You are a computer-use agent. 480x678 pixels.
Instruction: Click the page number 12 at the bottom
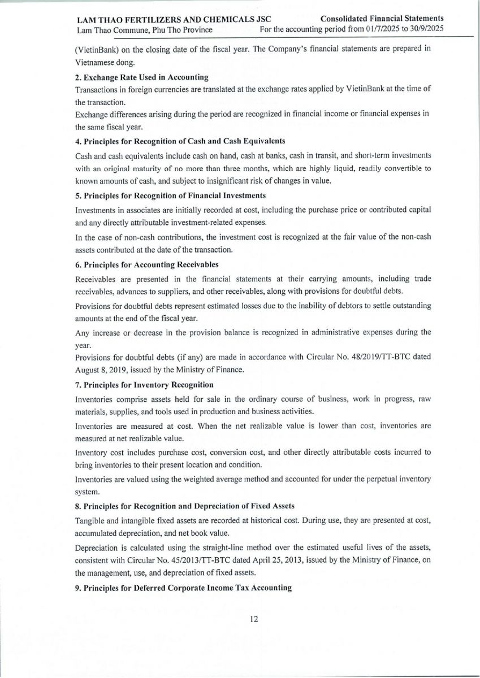(254, 619)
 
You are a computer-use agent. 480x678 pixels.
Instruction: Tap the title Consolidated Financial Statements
(382, 19)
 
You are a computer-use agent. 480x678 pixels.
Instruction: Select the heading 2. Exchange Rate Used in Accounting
(142, 77)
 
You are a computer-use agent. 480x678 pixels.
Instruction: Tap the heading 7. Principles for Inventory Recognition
(144, 385)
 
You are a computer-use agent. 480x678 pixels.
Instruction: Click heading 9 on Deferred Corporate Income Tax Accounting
(183, 588)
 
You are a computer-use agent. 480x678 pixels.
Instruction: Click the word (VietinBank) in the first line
(96, 49)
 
